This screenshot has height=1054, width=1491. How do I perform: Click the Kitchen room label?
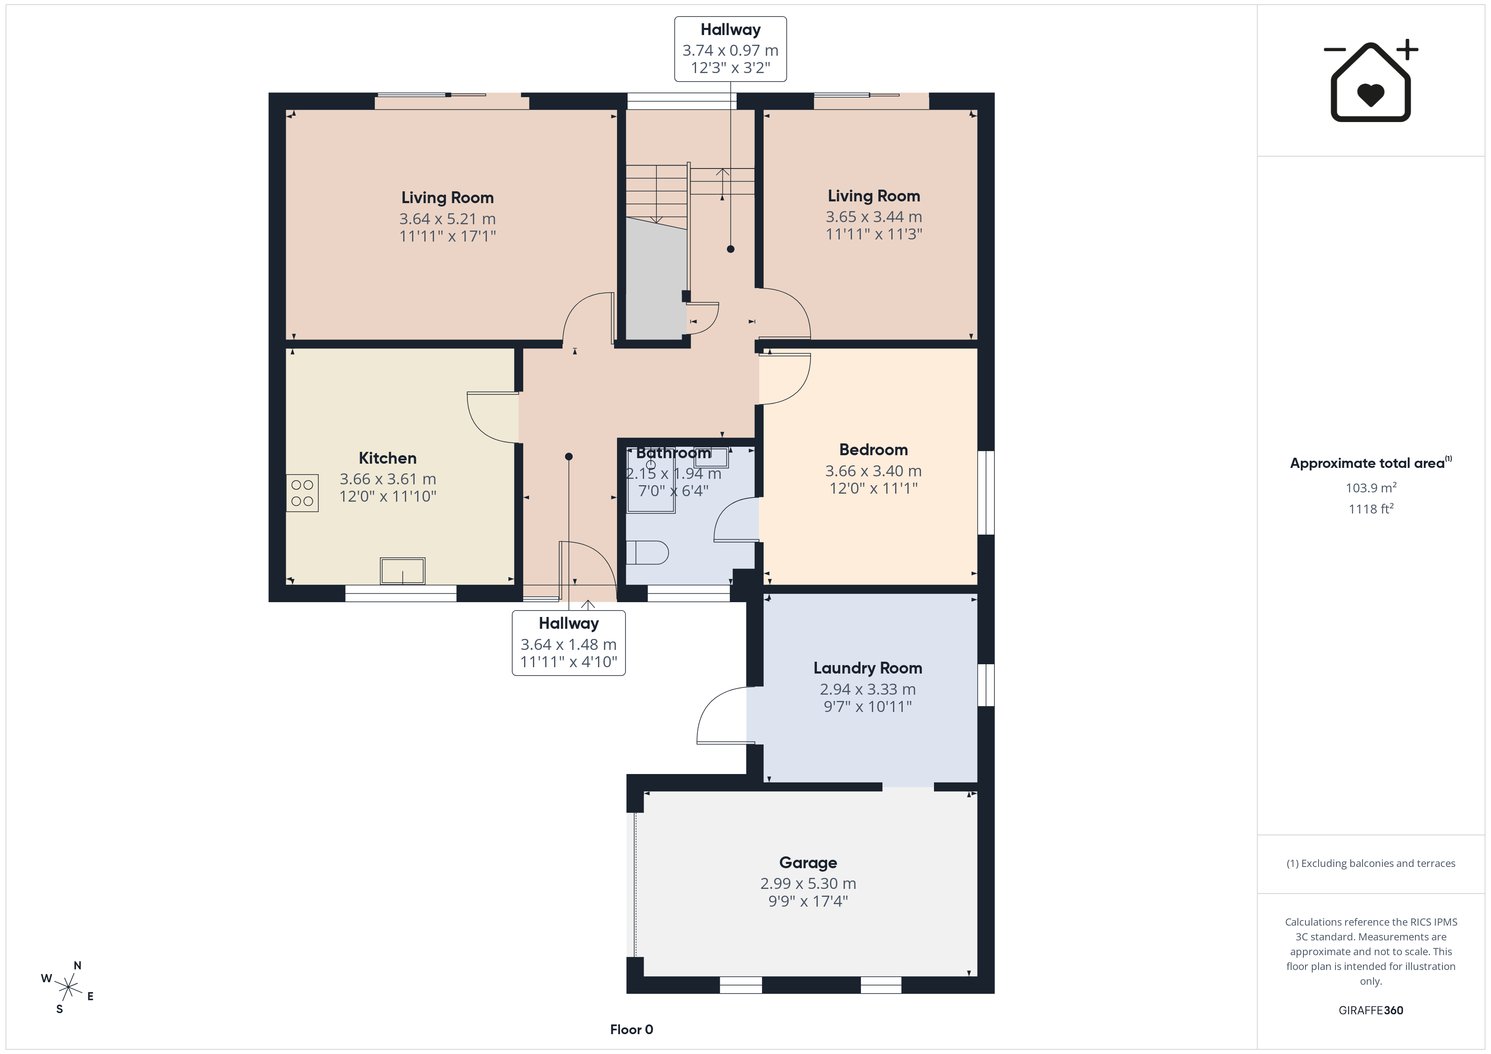[388, 458]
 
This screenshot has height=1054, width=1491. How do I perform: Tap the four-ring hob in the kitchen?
[303, 493]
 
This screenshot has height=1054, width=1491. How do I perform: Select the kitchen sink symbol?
[403, 571]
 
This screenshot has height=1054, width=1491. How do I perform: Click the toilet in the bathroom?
[647, 553]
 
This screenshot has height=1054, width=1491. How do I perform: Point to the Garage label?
[808, 863]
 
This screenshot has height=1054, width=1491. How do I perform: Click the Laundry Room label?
[868, 668]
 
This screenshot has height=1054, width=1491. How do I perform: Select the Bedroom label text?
[874, 450]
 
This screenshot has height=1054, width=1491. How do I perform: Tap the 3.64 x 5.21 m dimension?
[448, 219]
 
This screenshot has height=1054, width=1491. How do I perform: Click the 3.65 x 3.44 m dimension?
[874, 217]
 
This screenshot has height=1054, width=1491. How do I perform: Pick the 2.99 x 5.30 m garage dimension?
[808, 883]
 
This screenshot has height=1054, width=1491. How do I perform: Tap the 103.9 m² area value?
[1371, 487]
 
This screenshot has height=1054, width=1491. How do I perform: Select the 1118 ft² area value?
[1371, 509]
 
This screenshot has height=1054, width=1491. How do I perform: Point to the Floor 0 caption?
[631, 1030]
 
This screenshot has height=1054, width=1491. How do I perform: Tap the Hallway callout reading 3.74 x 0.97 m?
[731, 49]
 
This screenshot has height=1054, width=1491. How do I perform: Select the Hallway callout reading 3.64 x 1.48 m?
[569, 643]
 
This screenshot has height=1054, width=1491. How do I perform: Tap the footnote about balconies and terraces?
[1371, 863]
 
